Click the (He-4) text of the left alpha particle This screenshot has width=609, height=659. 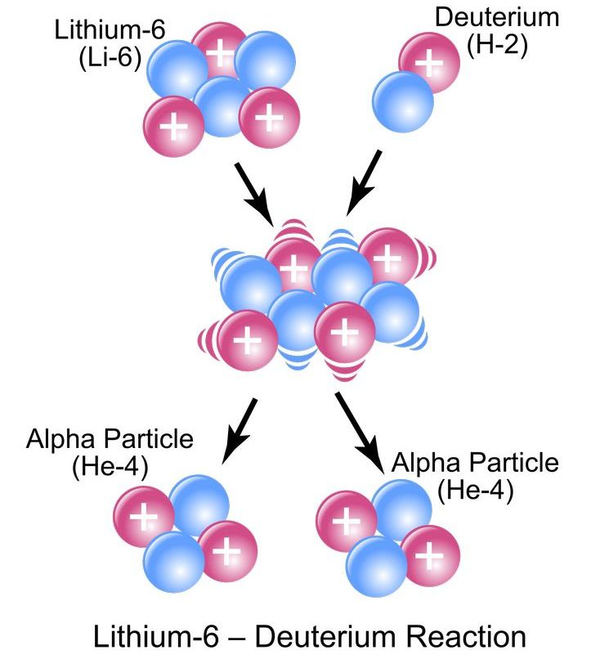coord(110,468)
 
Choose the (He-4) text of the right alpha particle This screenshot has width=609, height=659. coord(475,491)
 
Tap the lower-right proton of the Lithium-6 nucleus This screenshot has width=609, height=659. coord(266,120)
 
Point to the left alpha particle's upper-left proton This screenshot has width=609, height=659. coord(144,517)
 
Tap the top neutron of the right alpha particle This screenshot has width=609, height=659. coord(401,509)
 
